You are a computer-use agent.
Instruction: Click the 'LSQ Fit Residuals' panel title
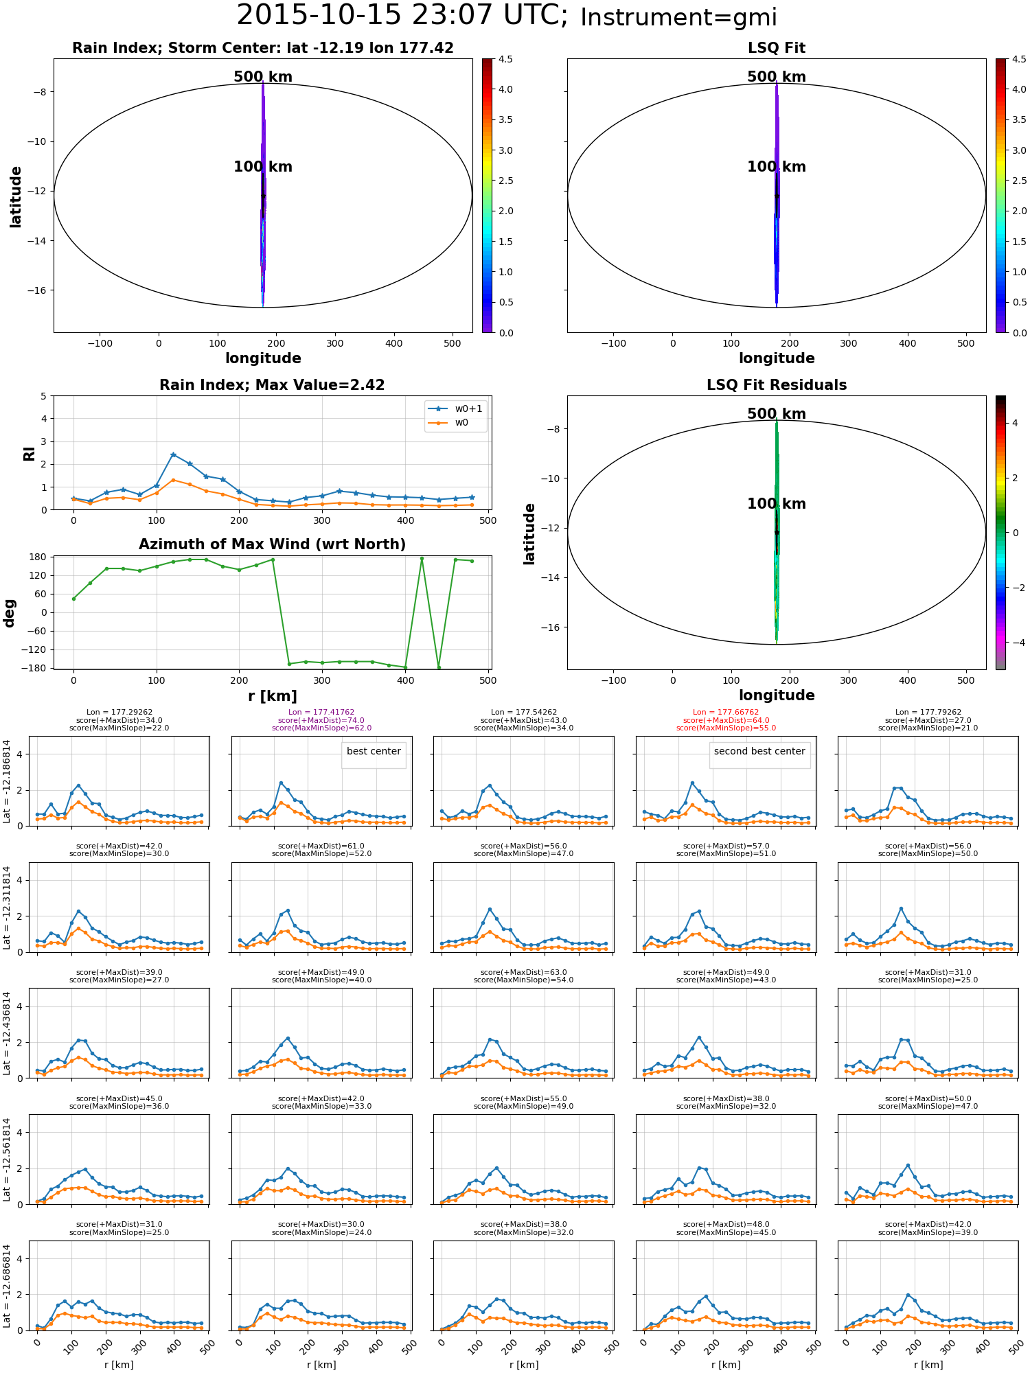tap(777, 385)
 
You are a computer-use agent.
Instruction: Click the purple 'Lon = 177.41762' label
tap(321, 713)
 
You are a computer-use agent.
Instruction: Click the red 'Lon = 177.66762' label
tap(726, 713)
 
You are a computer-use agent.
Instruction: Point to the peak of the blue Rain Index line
tap(173, 454)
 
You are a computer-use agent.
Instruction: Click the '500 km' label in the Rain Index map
tap(263, 77)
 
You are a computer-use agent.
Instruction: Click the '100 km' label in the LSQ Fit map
tap(777, 167)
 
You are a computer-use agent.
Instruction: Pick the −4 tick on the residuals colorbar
tap(1016, 643)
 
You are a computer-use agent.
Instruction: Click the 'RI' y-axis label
tap(30, 453)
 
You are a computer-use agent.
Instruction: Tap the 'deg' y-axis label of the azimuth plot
tap(10, 613)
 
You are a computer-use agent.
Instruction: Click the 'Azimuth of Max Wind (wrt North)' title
tap(272, 544)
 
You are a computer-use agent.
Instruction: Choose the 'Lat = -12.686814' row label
tap(7, 1285)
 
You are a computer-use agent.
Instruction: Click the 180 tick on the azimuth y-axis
tap(38, 557)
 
